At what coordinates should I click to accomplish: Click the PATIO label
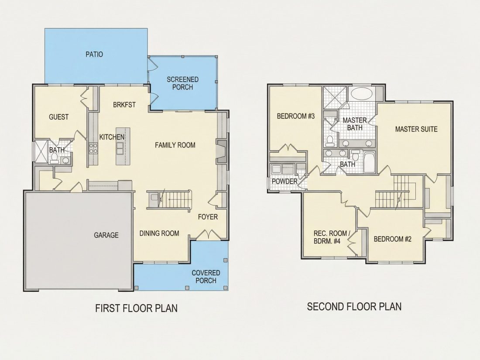[x=94, y=55]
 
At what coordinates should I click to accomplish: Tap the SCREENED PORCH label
[x=183, y=83]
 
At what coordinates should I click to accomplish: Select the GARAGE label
[x=106, y=235]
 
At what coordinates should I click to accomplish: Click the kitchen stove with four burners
[x=93, y=148]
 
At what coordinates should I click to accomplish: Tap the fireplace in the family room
[x=221, y=151]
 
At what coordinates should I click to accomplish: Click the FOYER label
[x=208, y=217]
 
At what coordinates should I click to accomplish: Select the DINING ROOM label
[x=159, y=233]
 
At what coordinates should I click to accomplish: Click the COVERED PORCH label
[x=206, y=277]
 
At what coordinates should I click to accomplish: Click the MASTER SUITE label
[x=416, y=129]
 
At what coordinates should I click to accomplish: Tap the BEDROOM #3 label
[x=296, y=117]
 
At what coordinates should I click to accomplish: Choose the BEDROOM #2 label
[x=392, y=239]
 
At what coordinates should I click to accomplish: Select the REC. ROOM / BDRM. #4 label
[x=331, y=237]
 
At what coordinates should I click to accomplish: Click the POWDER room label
[x=285, y=182]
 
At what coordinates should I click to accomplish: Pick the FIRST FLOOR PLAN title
[x=137, y=308]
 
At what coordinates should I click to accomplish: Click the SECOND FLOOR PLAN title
[x=354, y=306]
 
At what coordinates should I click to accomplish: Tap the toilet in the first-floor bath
[x=55, y=158]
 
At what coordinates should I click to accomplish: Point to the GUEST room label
[x=59, y=117]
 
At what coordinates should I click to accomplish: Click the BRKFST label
[x=124, y=105]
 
